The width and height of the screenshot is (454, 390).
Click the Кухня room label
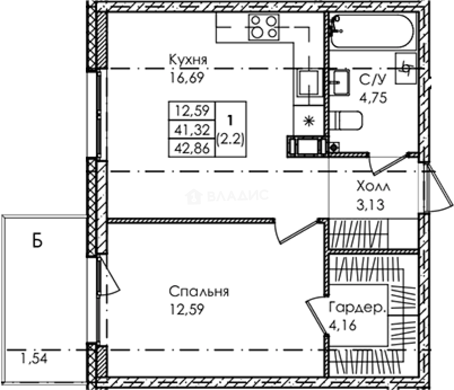pyautogui.click(x=188, y=60)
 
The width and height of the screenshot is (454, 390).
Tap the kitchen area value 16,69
pyautogui.click(x=187, y=77)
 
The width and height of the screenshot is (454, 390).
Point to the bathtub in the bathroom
pyautogui.click(x=372, y=31)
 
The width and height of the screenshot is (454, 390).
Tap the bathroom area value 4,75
pyautogui.click(x=373, y=98)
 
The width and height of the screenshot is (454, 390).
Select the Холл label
pyautogui.click(x=373, y=187)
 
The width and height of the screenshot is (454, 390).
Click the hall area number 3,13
pyautogui.click(x=370, y=205)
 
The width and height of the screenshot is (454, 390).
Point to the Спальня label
pyautogui.click(x=199, y=291)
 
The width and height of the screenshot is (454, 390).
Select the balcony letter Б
pyautogui.click(x=37, y=241)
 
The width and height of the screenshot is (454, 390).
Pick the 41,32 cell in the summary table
pyautogui.click(x=192, y=130)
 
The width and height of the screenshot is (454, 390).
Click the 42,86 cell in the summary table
pyautogui.click(x=192, y=149)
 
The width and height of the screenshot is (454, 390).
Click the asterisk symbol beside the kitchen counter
pyautogui.click(x=309, y=121)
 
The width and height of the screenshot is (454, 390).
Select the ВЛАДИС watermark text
pyautogui.click(x=238, y=195)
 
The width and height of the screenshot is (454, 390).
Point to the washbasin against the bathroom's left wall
pyautogui.click(x=339, y=82)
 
